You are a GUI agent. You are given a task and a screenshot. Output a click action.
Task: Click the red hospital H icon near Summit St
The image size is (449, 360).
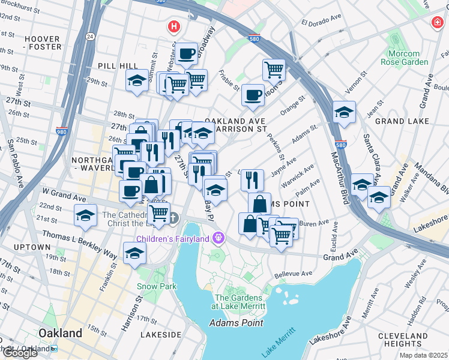point(174,27)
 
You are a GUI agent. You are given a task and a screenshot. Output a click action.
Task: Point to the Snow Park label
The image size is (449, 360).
point(156,286)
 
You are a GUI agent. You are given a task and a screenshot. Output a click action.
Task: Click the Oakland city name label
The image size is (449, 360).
point(60,333)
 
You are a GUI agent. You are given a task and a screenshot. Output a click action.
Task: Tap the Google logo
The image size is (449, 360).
point(19,352)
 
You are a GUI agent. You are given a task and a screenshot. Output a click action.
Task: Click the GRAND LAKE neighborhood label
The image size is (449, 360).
point(402,121)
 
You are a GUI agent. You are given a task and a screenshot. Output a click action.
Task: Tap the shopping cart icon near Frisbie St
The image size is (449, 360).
point(274,70)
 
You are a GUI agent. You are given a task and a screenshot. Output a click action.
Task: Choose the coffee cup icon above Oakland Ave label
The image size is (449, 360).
point(253,95)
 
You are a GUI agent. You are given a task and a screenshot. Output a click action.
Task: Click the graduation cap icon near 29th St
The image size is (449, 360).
point(137,80)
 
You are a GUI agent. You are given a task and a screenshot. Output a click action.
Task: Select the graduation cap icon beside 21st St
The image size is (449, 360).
point(85,215)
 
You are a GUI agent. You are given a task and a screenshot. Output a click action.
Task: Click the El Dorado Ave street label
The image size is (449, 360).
point(321,23)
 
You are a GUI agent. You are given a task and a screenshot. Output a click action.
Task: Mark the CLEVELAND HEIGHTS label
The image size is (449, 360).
point(403,340)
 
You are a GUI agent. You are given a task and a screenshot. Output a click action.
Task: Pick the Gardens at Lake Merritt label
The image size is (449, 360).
point(238,302)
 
